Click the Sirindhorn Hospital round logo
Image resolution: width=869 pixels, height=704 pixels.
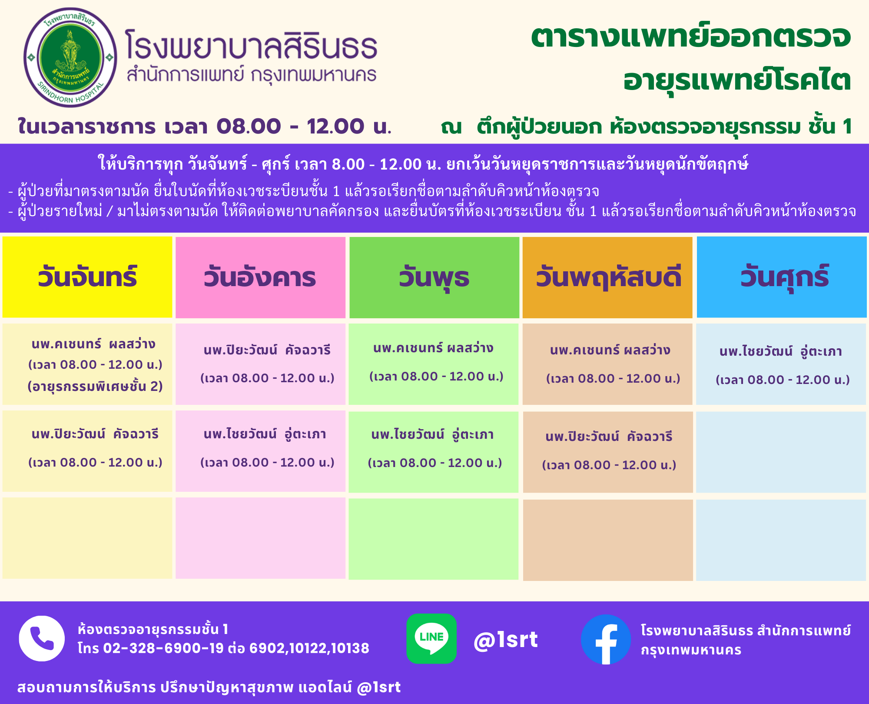70,57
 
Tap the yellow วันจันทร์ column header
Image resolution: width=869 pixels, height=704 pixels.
87,277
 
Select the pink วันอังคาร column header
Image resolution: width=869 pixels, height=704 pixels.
260,277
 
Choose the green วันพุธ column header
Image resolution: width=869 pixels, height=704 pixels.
434,277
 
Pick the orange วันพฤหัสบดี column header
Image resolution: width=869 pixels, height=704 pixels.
607,277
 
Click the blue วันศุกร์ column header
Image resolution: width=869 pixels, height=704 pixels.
782,277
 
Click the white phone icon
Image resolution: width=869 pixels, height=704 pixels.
42,638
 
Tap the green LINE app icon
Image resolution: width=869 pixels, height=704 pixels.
431,638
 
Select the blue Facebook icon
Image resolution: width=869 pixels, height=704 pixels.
606,639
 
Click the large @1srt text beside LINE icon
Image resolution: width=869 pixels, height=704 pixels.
506,640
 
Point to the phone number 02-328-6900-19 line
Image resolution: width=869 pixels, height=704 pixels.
223,648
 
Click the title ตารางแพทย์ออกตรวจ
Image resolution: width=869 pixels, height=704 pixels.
691,37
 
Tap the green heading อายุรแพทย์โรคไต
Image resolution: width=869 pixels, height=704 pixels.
737,80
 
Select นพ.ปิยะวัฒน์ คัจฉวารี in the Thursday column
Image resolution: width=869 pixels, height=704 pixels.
609,436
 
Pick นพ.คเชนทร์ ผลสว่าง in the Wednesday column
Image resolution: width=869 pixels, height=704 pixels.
433,348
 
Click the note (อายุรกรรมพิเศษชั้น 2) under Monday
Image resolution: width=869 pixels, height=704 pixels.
95,386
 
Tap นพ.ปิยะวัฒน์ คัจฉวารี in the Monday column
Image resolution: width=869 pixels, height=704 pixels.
95,434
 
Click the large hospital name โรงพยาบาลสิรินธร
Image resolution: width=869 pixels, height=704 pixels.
251,44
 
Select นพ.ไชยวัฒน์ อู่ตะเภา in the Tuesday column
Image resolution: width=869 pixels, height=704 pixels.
265,434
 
